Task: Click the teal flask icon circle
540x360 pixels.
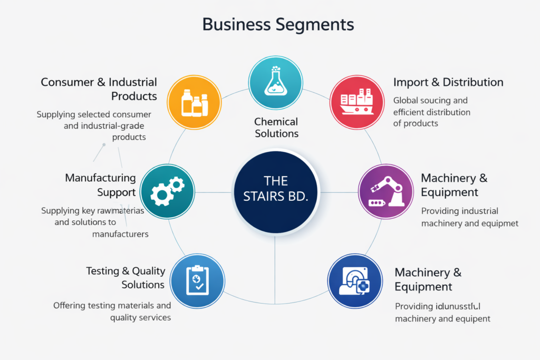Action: click(275, 83)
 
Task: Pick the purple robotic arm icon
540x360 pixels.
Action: click(385, 190)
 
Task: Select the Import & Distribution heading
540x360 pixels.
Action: click(448, 82)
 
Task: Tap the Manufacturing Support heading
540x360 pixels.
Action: click(101, 185)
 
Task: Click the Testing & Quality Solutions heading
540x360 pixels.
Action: click(126, 278)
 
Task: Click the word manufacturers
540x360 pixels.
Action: click(120, 233)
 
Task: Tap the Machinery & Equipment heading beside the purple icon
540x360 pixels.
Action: click(454, 185)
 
